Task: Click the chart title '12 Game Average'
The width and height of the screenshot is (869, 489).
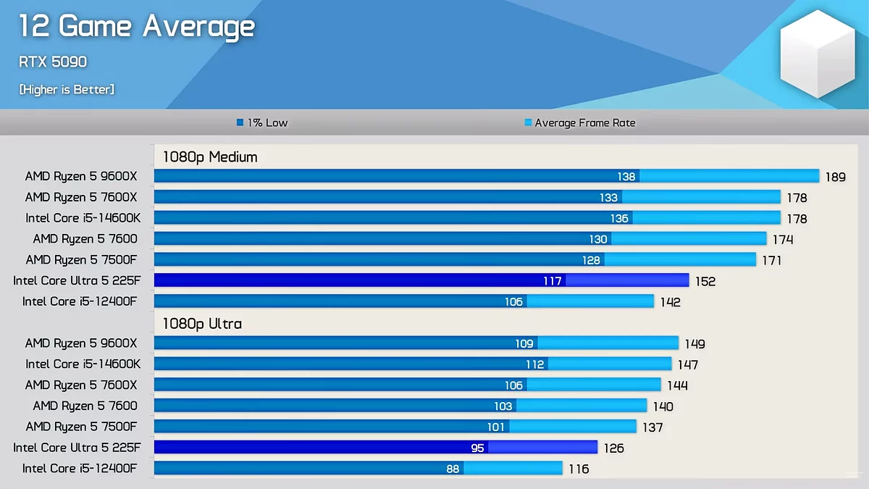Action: click(137, 27)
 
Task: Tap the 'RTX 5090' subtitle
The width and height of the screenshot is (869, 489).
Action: click(53, 62)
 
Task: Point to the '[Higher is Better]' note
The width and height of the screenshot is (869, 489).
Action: click(67, 89)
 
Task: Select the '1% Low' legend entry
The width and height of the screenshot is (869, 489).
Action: click(262, 123)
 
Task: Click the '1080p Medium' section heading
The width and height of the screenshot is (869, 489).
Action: click(210, 156)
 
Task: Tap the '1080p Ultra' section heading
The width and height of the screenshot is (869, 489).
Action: click(202, 323)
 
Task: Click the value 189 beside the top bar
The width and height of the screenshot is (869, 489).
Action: click(835, 177)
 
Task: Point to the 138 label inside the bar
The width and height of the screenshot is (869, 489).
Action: click(626, 177)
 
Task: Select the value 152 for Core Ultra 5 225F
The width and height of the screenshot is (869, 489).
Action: click(705, 281)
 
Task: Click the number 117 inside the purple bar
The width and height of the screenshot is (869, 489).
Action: click(553, 281)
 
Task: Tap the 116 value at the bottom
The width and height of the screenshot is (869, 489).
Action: click(579, 469)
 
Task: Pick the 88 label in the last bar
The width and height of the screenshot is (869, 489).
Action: click(453, 469)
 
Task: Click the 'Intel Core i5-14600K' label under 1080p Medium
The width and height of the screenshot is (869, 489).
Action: click(83, 218)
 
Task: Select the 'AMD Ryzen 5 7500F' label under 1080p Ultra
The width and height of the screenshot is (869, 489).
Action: click(81, 427)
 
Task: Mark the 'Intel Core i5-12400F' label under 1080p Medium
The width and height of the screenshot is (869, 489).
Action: click(80, 301)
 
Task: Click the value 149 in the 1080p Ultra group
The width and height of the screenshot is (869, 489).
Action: click(694, 344)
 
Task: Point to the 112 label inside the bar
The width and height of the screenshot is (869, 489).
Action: click(535, 364)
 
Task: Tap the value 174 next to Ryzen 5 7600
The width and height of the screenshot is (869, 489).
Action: click(783, 240)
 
